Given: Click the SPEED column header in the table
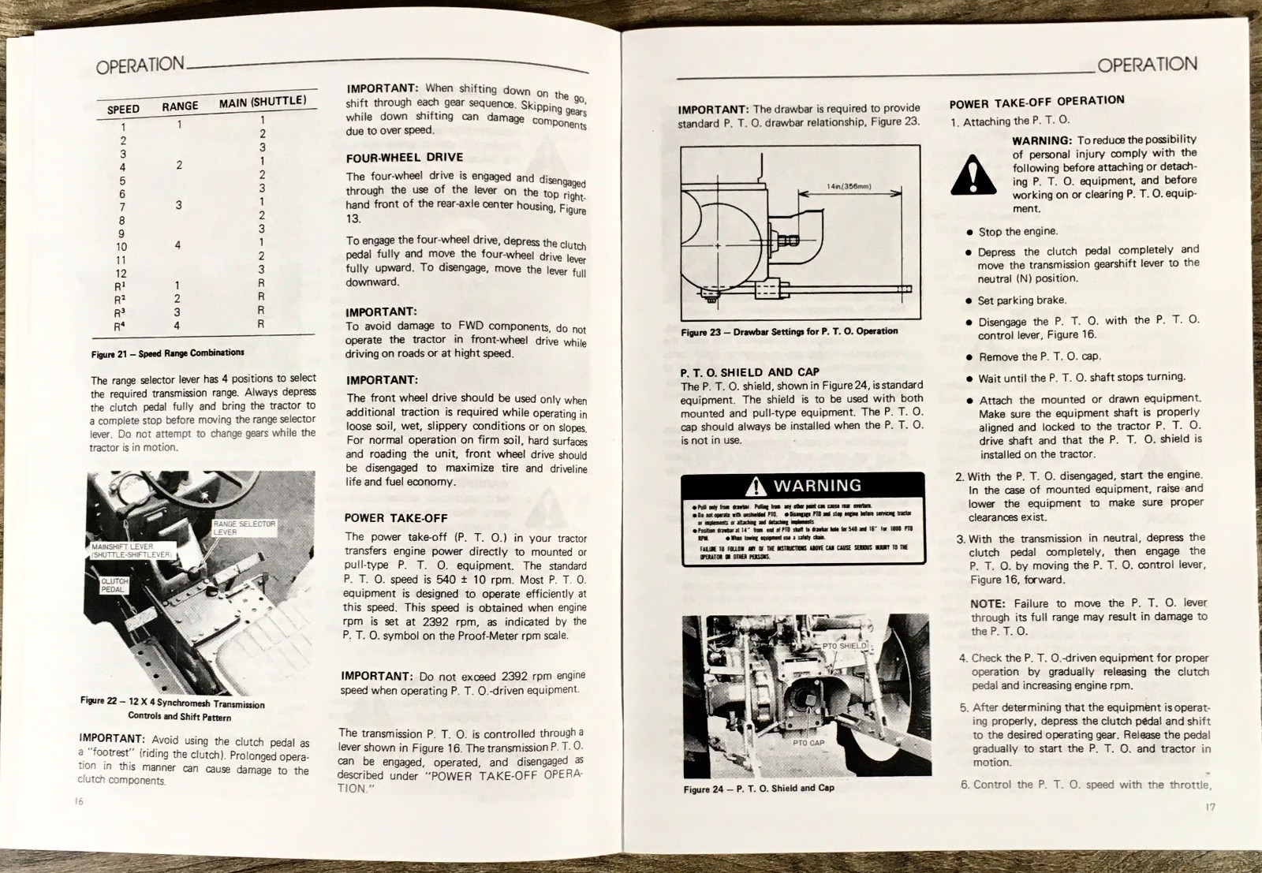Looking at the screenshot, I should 123,109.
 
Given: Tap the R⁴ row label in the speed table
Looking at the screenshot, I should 119,326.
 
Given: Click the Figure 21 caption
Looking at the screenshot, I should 167,353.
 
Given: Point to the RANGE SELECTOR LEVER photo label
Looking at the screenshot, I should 244,528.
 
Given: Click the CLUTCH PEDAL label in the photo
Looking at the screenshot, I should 114,585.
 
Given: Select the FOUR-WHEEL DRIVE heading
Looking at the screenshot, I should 404,158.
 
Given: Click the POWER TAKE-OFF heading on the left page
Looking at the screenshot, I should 395,518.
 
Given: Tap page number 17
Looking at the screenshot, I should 1210,807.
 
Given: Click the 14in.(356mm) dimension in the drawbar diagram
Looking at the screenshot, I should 849,187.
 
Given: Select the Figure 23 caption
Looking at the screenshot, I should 789,331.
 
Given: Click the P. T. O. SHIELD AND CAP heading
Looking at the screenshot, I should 749,371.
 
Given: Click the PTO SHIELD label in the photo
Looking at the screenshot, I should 845,646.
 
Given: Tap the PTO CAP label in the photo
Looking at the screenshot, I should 808,742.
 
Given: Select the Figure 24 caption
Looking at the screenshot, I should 758,788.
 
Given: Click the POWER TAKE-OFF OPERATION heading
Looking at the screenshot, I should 1036,102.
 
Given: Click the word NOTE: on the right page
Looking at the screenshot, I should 987,603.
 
